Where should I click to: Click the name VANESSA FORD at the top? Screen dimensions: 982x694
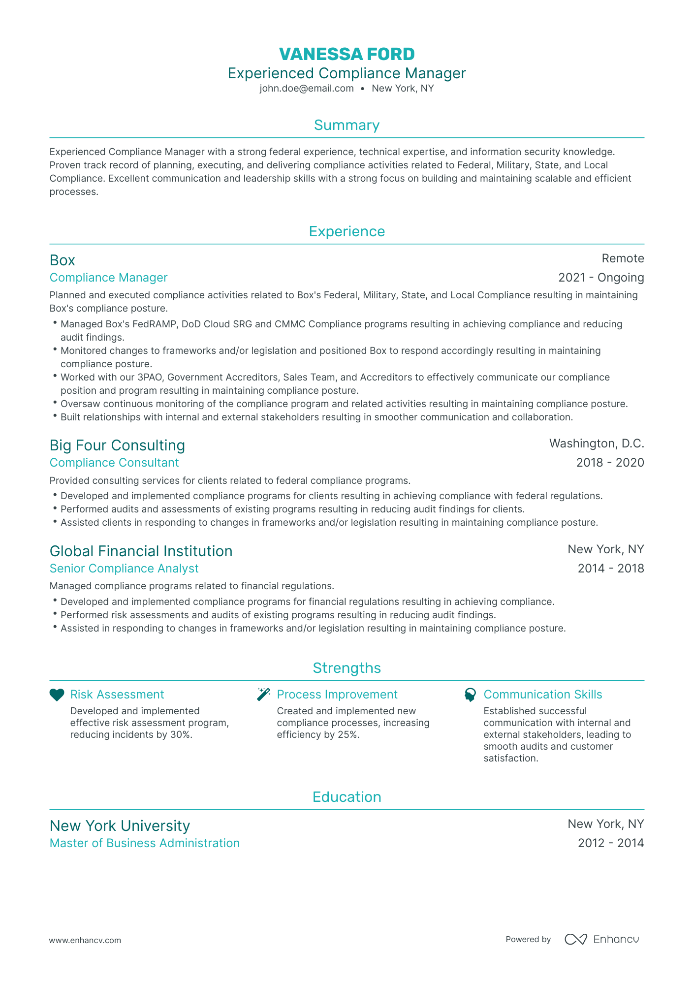click(347, 54)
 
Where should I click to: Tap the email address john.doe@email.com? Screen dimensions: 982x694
click(307, 89)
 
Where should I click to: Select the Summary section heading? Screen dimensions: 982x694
click(347, 125)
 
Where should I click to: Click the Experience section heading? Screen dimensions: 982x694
click(347, 231)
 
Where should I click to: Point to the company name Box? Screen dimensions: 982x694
click(63, 260)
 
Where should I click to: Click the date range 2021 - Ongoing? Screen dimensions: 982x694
click(601, 278)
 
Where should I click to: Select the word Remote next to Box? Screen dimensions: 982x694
click(623, 258)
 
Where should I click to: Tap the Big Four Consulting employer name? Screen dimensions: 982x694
click(117, 445)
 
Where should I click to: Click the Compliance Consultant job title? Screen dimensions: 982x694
click(114, 463)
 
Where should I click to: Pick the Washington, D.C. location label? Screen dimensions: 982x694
click(597, 443)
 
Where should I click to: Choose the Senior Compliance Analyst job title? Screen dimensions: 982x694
click(124, 569)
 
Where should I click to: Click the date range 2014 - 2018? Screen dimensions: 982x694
click(611, 569)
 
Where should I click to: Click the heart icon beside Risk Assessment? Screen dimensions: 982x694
click(57, 695)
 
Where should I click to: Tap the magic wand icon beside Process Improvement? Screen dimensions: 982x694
click(264, 695)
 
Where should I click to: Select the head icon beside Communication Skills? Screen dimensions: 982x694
click(470, 695)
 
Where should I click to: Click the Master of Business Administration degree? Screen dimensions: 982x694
click(145, 843)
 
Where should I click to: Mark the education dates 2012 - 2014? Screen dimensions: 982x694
click(611, 843)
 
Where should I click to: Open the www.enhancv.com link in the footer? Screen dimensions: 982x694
click(85, 940)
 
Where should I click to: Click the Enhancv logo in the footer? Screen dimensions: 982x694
click(601, 939)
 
